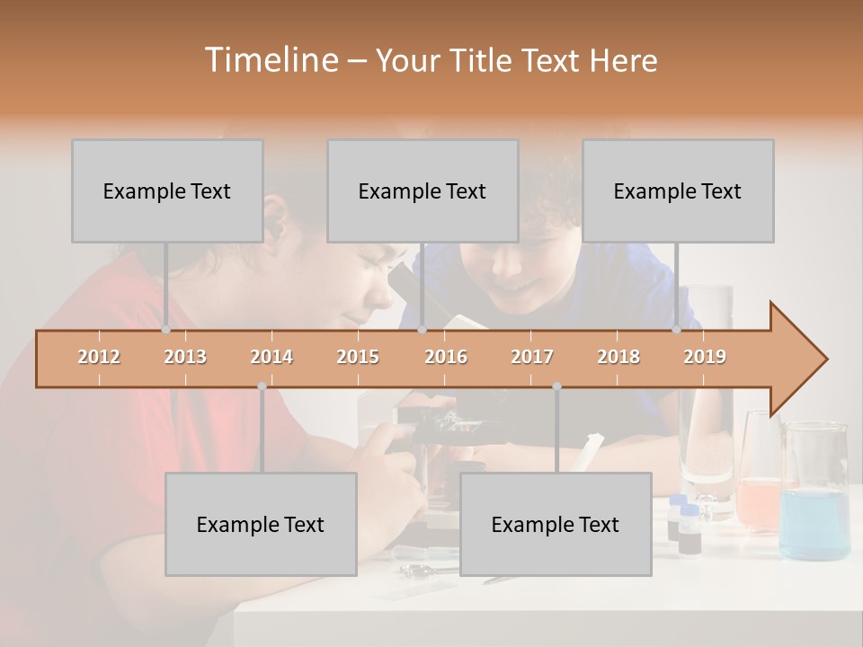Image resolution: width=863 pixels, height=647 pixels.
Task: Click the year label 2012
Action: [x=99, y=357]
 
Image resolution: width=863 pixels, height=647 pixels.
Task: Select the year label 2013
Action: [x=185, y=357]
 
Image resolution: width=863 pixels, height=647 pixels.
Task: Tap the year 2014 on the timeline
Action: [x=271, y=357]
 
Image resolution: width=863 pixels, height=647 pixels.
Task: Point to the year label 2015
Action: [x=358, y=357]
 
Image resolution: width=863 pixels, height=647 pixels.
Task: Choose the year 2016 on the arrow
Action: [x=446, y=357]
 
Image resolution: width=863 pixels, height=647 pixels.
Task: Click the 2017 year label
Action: [x=532, y=357]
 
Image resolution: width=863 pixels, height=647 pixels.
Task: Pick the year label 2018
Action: [x=618, y=357]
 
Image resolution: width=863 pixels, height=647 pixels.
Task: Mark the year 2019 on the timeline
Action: [x=705, y=357]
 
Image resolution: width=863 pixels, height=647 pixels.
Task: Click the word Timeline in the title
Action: [x=271, y=60]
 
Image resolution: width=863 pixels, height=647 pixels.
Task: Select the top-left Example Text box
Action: [x=167, y=191]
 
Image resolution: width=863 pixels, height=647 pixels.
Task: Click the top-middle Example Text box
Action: [x=423, y=191]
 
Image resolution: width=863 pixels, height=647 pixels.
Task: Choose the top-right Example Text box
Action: [x=678, y=191]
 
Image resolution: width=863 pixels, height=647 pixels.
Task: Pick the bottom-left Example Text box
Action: [x=261, y=525]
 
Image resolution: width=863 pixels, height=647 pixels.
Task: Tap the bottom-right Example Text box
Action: [x=556, y=525]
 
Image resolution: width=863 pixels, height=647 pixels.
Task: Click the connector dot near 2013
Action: [x=165, y=330]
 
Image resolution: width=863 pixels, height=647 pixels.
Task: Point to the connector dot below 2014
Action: [x=262, y=386]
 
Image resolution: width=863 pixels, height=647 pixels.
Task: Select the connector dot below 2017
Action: [x=556, y=386]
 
